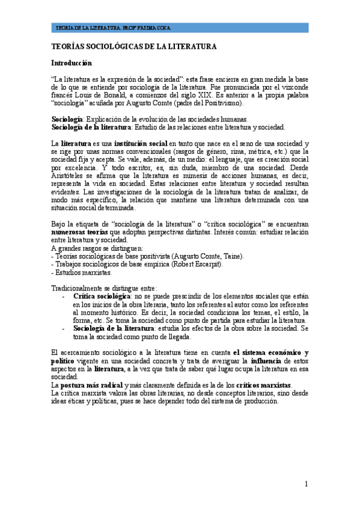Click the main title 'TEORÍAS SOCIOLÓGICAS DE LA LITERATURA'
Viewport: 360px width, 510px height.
tap(133, 46)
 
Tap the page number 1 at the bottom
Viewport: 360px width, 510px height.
tap(306, 484)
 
